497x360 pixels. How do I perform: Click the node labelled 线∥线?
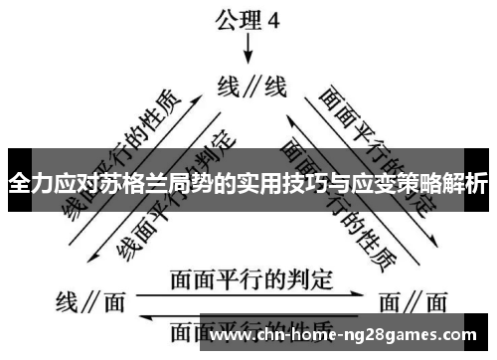point(251,87)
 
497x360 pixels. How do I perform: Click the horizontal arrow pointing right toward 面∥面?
point(248,294)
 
